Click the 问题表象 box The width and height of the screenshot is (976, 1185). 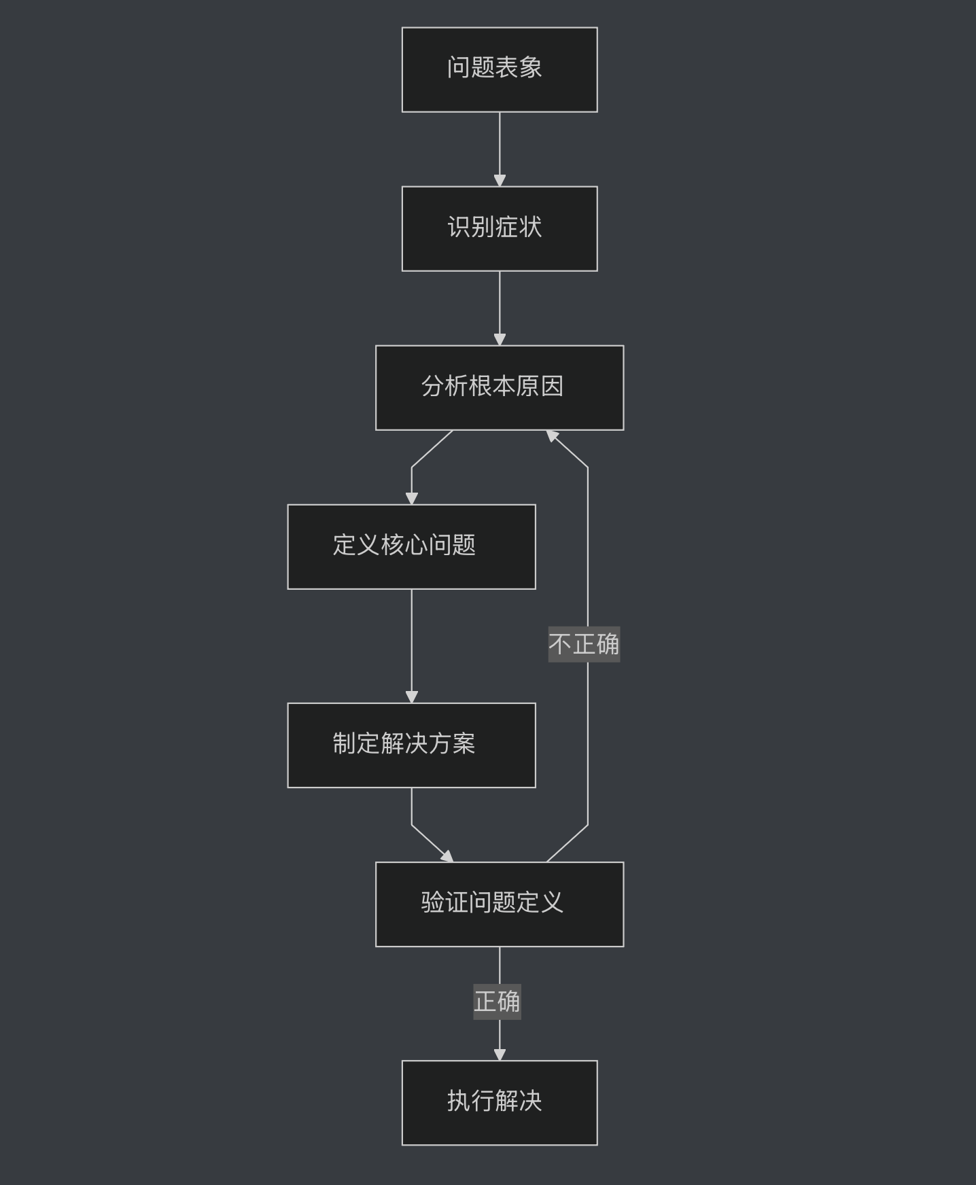(500, 69)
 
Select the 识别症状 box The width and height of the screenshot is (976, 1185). (500, 228)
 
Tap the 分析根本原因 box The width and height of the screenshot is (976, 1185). (500, 387)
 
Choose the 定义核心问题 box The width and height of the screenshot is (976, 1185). (411, 546)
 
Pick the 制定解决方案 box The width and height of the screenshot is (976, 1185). (411, 745)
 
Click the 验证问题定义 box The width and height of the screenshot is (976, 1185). (500, 904)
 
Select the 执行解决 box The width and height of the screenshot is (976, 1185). (500, 1102)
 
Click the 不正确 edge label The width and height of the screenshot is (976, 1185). (584, 644)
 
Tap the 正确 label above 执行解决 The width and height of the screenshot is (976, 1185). (497, 1002)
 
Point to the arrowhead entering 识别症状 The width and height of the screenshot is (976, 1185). (500, 180)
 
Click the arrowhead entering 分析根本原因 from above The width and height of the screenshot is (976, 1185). (500, 339)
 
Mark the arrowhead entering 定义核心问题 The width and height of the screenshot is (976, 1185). (411, 498)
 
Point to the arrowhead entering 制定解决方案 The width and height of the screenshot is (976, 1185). (411, 696)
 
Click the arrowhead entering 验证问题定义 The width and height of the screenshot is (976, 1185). (447, 857)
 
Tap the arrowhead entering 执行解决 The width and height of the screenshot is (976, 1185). (500, 1054)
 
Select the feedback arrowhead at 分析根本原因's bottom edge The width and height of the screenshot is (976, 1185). (552, 436)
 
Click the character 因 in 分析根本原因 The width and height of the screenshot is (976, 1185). (553, 386)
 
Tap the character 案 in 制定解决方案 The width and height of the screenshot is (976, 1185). (464, 743)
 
